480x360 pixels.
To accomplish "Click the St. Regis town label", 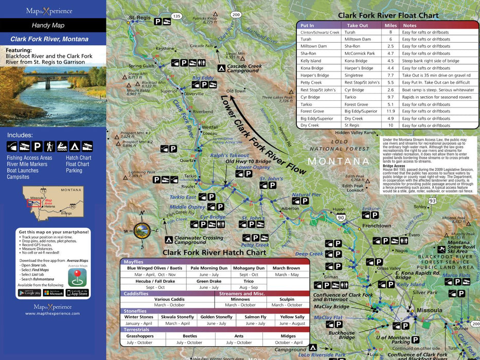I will click(x=139, y=18).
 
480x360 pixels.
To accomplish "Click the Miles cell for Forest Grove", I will click(x=390, y=111).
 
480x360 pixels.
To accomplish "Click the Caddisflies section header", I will click(x=136, y=294).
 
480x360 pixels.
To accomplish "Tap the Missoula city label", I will click(x=429, y=311).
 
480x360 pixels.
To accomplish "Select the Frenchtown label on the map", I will click(x=377, y=226).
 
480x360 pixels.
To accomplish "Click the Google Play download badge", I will click(x=29, y=293).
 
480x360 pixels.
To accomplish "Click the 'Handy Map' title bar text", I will click(x=48, y=25).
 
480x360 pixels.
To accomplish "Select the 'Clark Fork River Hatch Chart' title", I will click(x=215, y=253).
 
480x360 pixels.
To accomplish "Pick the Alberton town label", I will click(x=290, y=208).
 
